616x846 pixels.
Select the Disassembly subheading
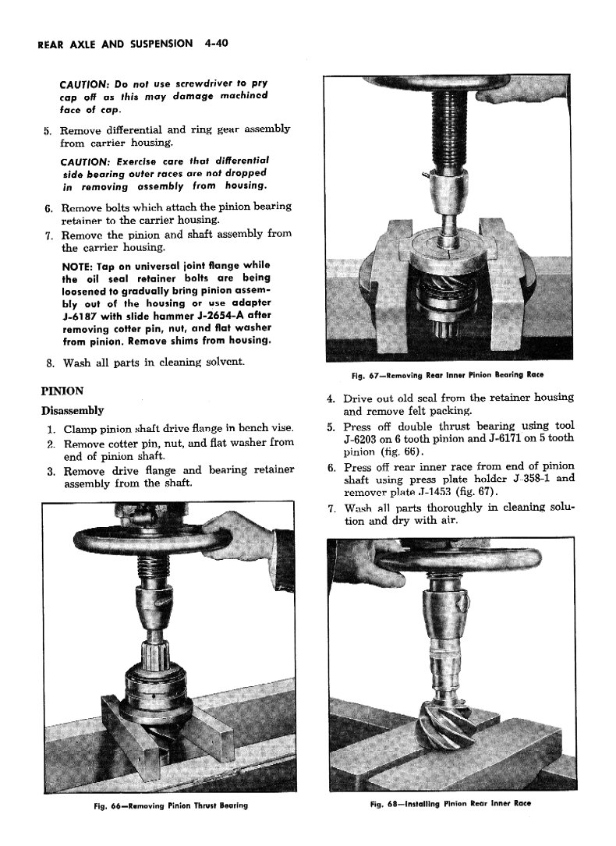pyautogui.click(x=72, y=411)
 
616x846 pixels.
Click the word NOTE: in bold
pyautogui.click(x=79, y=265)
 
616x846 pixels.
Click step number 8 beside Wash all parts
pyautogui.click(x=49, y=363)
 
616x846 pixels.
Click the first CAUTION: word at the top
pyautogui.click(x=84, y=84)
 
